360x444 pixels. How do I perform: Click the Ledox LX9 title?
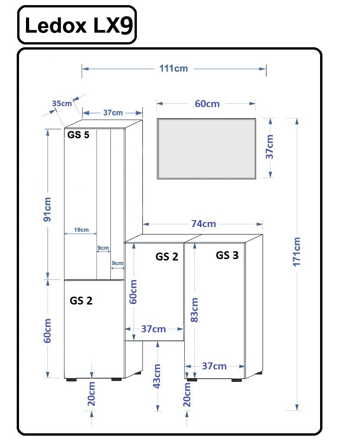pyautogui.click(x=77, y=25)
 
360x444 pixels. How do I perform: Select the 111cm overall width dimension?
pyautogui.click(x=174, y=69)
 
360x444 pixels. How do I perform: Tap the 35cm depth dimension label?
pyautogui.click(x=62, y=103)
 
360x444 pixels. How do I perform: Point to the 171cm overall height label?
pyautogui.click(x=297, y=251)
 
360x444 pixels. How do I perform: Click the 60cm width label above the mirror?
pyautogui.click(x=207, y=104)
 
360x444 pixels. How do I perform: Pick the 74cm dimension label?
pyautogui.click(x=203, y=224)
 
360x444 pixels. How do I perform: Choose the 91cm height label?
pyautogui.click(x=47, y=209)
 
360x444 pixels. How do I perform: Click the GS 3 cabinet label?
pyautogui.click(x=227, y=255)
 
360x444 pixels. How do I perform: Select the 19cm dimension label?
pyautogui.click(x=81, y=230)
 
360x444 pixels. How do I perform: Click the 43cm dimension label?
pyautogui.click(x=157, y=376)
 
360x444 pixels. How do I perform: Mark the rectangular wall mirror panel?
pyautogui.click(x=206, y=148)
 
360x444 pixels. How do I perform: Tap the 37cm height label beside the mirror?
pyautogui.click(x=270, y=147)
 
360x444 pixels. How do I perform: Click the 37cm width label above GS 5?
pyautogui.click(x=113, y=113)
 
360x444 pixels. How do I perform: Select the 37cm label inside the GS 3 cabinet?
pyautogui.click(x=214, y=366)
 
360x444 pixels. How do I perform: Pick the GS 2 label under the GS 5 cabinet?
pyautogui.click(x=81, y=301)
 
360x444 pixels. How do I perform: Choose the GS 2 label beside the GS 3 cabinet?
pyautogui.click(x=167, y=257)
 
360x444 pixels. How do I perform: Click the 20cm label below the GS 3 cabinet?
pyautogui.click(x=187, y=395)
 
